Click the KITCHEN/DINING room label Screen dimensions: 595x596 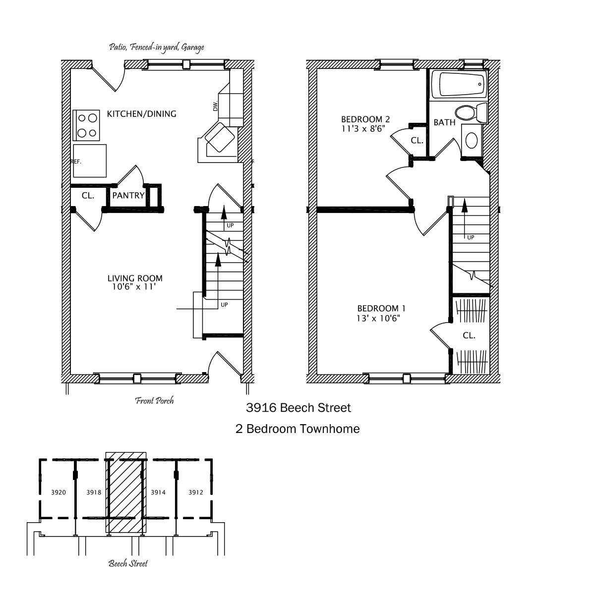click(141, 114)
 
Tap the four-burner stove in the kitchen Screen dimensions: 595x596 click(86, 125)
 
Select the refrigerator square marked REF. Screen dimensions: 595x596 click(90, 161)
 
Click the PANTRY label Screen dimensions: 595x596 click(128, 195)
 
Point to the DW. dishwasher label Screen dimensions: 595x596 click(216, 106)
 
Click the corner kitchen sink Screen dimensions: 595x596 click(220, 137)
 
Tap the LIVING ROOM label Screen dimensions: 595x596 click(135, 278)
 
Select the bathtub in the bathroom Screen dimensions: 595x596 click(460, 84)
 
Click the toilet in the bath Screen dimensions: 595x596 click(472, 112)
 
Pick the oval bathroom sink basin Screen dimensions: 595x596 click(472, 141)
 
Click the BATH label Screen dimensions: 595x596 click(445, 122)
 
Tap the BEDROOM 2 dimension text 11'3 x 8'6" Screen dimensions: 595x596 click(363, 129)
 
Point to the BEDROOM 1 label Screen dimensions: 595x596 click(381, 308)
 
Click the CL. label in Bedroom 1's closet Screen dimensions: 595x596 click(469, 335)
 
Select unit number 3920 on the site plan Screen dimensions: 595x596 click(59, 492)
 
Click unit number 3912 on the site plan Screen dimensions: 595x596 click(196, 492)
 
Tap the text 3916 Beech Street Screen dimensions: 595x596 click(298, 408)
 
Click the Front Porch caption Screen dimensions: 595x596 click(155, 401)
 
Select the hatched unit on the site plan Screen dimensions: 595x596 click(126, 492)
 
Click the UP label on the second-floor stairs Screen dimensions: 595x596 click(471, 237)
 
